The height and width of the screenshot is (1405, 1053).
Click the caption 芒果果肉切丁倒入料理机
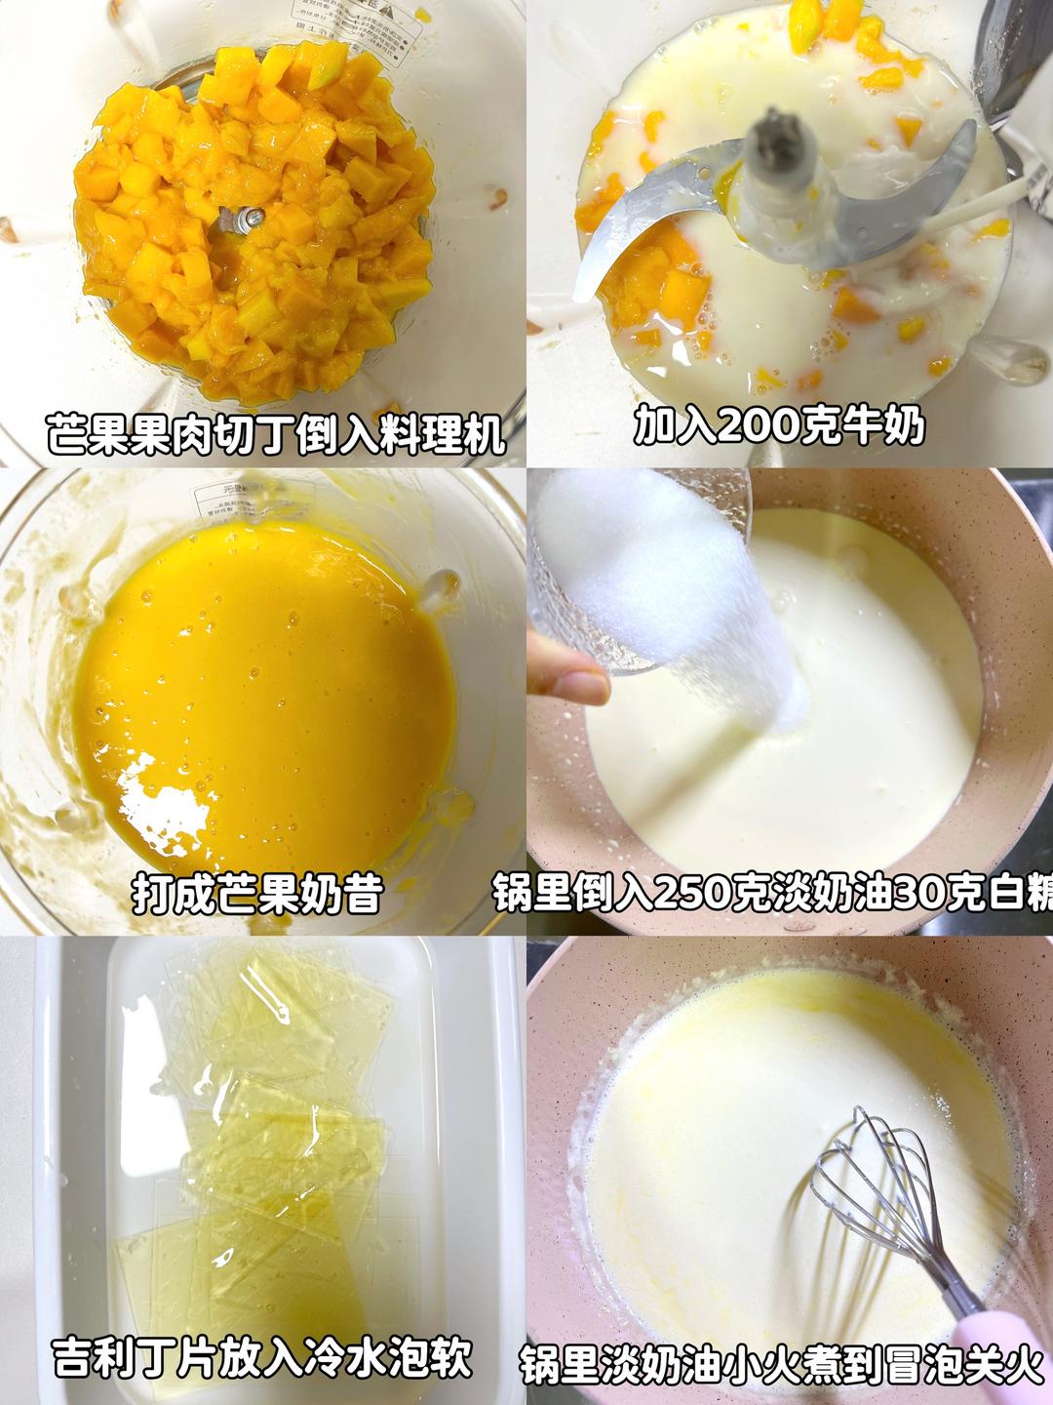tap(276, 433)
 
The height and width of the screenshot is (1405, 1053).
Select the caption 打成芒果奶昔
tap(256, 893)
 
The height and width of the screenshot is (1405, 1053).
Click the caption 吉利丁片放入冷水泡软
tap(262, 1357)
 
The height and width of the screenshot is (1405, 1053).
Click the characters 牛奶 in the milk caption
tap(884, 425)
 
